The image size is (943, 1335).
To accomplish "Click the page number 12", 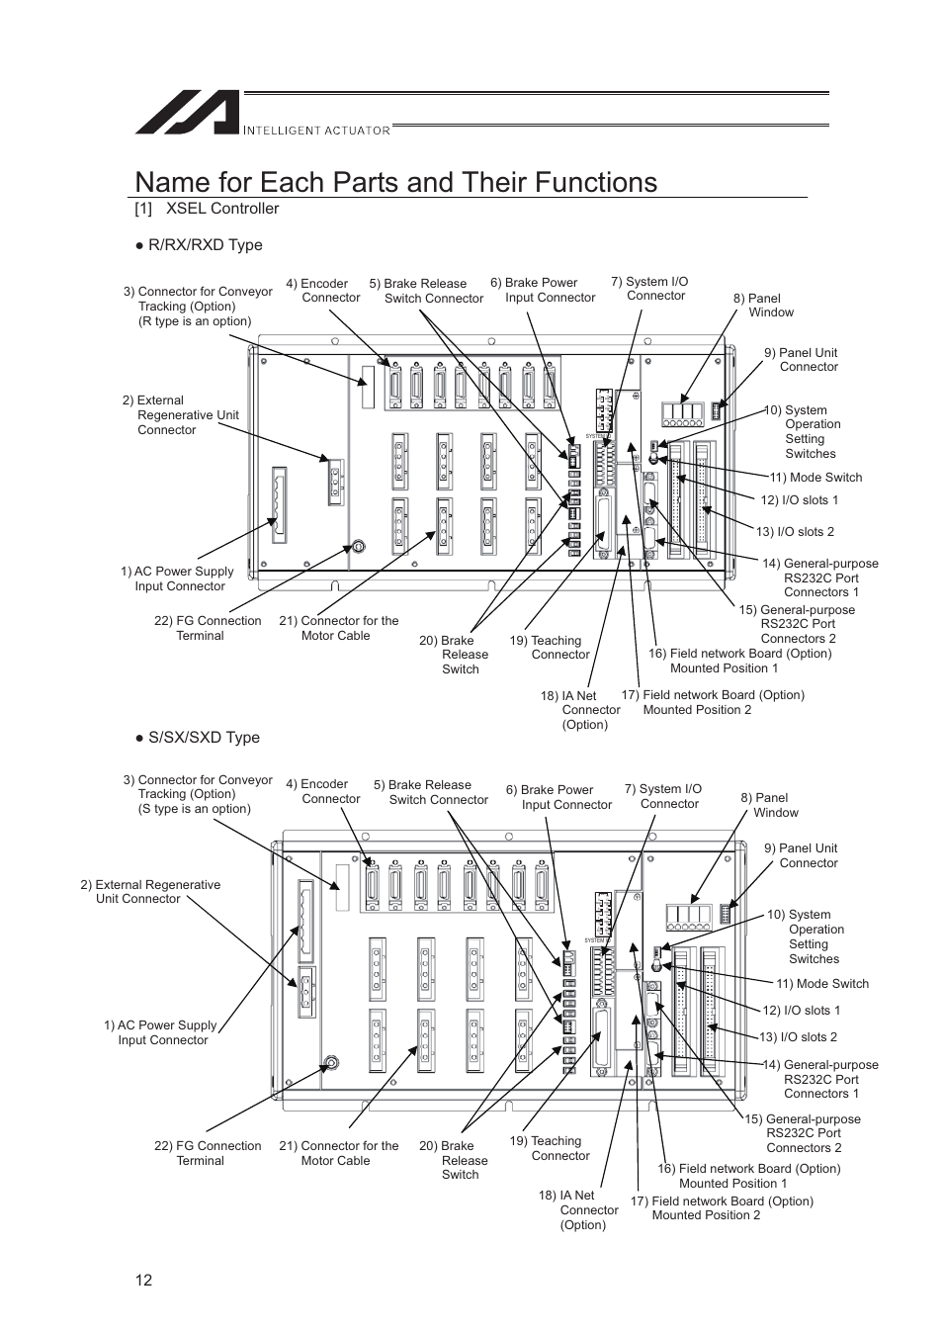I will coord(144,1281).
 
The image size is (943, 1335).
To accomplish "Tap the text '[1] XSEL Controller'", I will coord(208,209).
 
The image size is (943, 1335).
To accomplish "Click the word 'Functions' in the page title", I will coord(593,182).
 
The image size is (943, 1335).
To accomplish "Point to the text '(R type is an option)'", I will coord(195,321).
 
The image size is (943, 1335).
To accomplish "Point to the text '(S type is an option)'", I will coord(194,809).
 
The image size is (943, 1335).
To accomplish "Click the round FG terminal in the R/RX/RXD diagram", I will coord(359,546).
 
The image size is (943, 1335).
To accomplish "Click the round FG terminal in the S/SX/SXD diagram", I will coord(332,1063).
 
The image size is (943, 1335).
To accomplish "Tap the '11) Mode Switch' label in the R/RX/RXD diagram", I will coord(815,478).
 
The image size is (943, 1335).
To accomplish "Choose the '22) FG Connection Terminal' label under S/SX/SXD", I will coord(208,1153).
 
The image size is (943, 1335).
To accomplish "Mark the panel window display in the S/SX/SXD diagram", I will coord(689,918).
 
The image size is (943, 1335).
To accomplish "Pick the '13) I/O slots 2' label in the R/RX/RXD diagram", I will coord(795,532).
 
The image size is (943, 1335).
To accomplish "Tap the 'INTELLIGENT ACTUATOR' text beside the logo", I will coord(316,130).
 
